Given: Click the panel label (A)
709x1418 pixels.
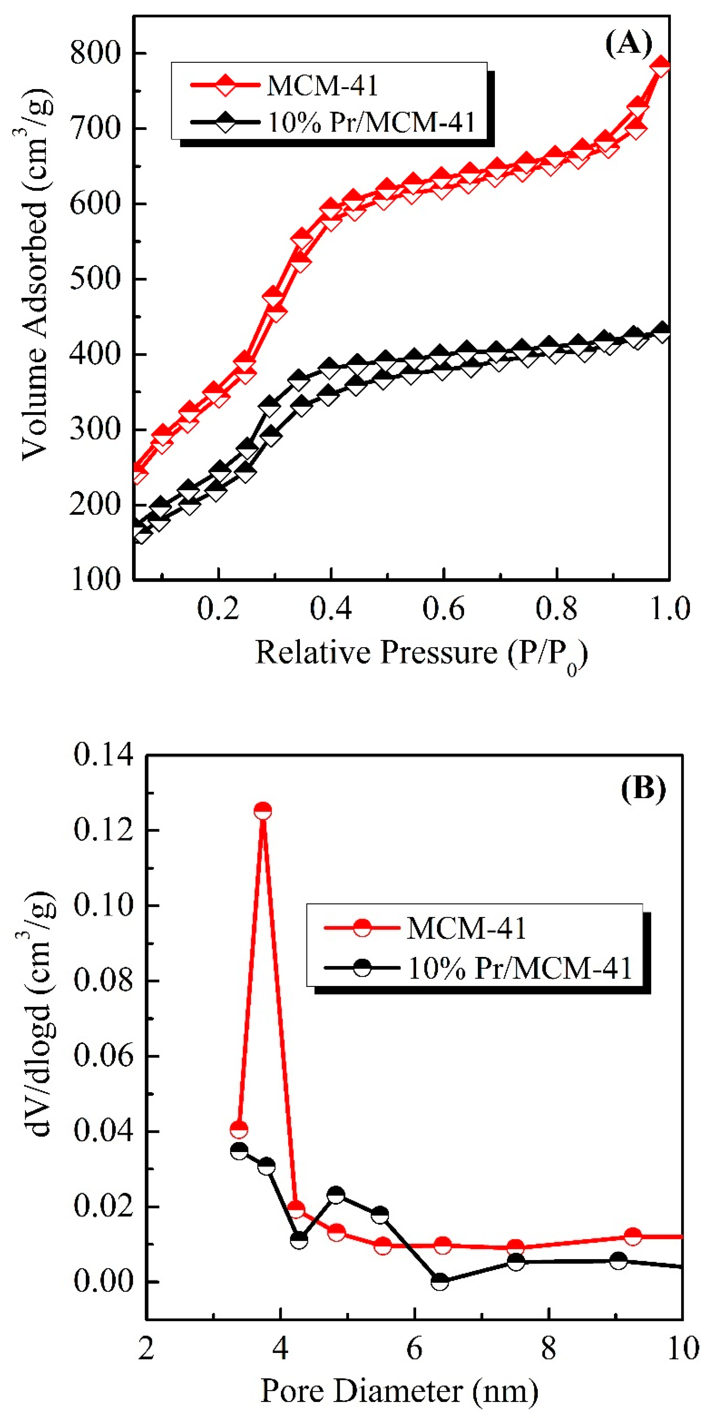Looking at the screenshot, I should (628, 43).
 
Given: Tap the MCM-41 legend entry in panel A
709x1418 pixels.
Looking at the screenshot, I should (322, 85).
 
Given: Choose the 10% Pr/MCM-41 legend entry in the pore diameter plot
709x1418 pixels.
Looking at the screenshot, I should (519, 967).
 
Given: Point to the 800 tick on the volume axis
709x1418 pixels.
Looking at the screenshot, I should (95, 54).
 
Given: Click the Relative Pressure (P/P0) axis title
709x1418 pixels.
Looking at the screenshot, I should (421, 654).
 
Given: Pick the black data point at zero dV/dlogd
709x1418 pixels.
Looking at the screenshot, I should (439, 1281).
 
